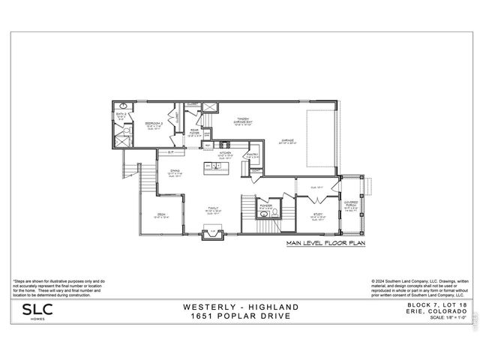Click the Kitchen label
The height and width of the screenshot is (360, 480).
pos(224,153)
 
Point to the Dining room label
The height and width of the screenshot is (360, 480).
pos(174,172)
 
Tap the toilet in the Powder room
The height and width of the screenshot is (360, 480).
pos(276,211)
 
